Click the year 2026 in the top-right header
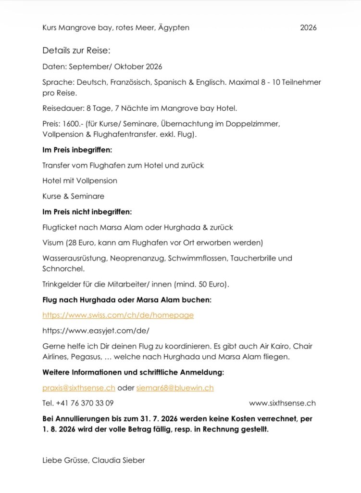pos(308,27)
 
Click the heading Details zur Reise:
pos(76,51)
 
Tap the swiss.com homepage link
pos(118,315)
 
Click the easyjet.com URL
pos(96,331)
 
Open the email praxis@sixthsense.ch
pos(78,388)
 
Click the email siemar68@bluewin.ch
pos(175,388)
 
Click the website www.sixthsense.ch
pos(282,403)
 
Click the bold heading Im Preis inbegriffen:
pos(77,150)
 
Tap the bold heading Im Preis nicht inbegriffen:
pos(87,211)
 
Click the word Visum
pos(53,242)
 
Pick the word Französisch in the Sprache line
pos(130,82)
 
